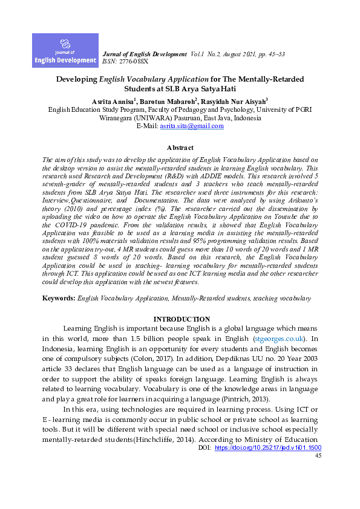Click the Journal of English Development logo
[x=65, y=50]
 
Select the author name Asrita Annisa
[x=112, y=101]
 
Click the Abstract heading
[x=180, y=148]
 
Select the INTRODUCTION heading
[x=181, y=319]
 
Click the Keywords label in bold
[x=59, y=299]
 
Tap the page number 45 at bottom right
[x=318, y=473]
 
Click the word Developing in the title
[x=77, y=79]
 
